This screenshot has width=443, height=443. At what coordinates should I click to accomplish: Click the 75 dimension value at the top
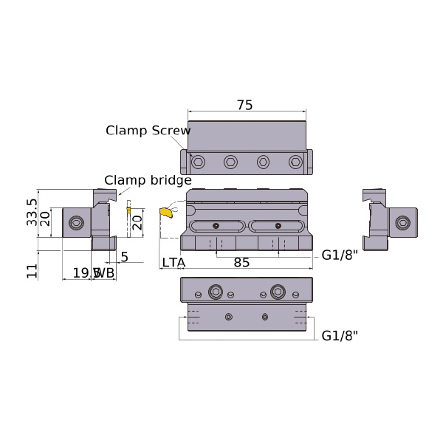click(245, 106)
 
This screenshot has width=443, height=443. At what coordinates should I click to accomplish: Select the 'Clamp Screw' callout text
click(148, 131)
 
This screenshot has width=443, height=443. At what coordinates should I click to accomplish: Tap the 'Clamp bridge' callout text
click(148, 180)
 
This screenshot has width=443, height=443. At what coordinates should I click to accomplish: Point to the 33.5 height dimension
click(32, 213)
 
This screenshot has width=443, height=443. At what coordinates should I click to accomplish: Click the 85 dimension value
click(241, 262)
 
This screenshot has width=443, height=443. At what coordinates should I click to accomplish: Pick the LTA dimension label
click(174, 262)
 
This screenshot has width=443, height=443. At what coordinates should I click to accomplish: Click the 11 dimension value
click(32, 270)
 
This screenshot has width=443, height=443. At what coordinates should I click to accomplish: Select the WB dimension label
click(105, 273)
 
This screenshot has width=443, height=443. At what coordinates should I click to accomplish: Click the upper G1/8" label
click(340, 256)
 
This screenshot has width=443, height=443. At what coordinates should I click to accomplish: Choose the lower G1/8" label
click(340, 336)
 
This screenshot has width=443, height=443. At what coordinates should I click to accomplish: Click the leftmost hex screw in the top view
click(198, 162)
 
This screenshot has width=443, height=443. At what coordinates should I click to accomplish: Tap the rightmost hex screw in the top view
click(295, 162)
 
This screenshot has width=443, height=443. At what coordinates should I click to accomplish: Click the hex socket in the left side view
click(76, 223)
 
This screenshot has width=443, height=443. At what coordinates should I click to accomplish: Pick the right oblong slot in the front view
click(277, 226)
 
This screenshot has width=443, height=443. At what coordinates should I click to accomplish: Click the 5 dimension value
click(124, 257)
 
